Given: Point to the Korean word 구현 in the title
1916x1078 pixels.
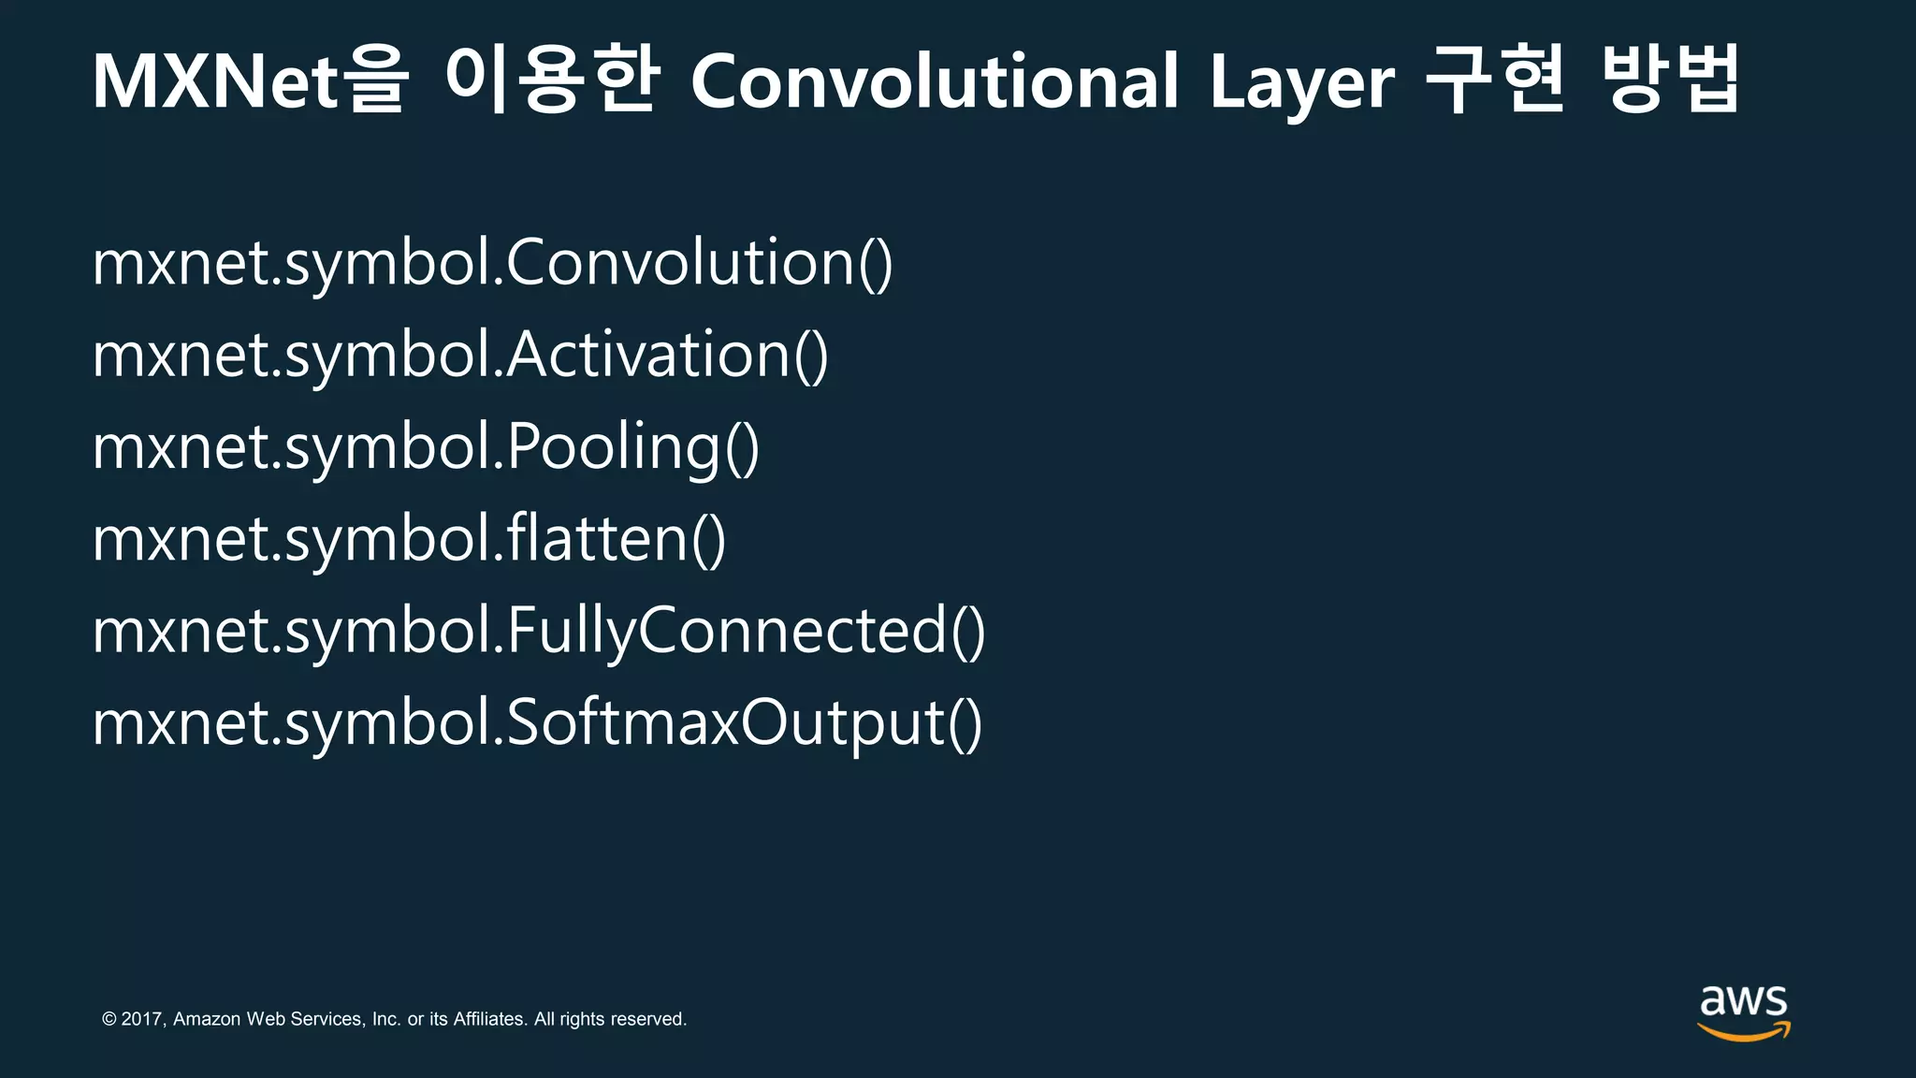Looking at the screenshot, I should pyautogui.click(x=1495, y=80).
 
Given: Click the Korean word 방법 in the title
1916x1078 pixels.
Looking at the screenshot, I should pyautogui.click(x=1670, y=80).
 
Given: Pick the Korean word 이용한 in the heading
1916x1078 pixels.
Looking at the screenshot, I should pyautogui.click(x=552, y=80).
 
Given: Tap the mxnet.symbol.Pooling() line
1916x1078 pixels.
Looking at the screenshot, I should pyautogui.click(x=426, y=447).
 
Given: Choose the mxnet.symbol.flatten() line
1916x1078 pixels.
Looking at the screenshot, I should pyautogui.click(x=409, y=539).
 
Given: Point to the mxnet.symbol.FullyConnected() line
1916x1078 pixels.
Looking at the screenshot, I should pyautogui.click(x=539, y=631).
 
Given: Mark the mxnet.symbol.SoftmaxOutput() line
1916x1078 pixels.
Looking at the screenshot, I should pyautogui.click(x=537, y=723).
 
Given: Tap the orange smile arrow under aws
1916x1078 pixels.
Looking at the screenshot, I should pyautogui.click(x=1744, y=1031).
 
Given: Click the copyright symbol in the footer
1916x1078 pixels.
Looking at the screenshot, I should pyautogui.click(x=109, y=1019).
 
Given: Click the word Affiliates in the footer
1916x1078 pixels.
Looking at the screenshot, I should pyautogui.click(x=489, y=1019).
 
